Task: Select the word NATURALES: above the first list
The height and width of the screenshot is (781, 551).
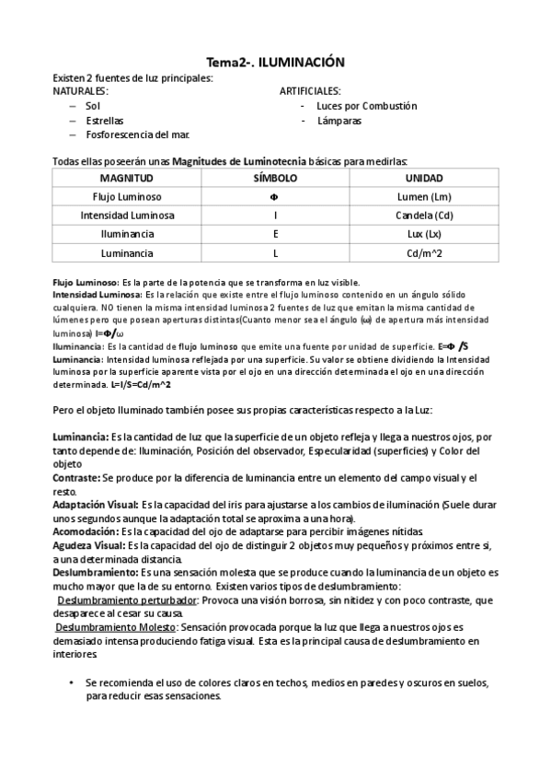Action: (x=79, y=92)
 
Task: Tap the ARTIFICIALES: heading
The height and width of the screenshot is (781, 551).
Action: (x=310, y=92)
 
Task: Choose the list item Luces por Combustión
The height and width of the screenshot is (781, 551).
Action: (x=366, y=106)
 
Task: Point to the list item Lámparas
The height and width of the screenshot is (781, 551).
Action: (x=339, y=121)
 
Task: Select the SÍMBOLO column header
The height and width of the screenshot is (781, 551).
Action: (x=275, y=178)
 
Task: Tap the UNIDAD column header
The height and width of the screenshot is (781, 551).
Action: (x=423, y=178)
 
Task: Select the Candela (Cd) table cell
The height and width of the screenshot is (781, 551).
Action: (x=423, y=216)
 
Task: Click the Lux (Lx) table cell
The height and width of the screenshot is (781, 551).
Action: (x=423, y=234)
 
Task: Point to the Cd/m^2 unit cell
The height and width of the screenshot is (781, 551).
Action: (x=423, y=252)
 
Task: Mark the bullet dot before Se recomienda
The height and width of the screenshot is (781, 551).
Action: (x=71, y=684)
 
